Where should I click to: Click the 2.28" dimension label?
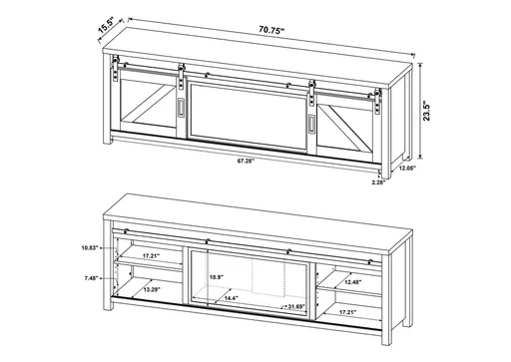click(x=377, y=183)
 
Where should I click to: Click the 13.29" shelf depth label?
click(x=152, y=289)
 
